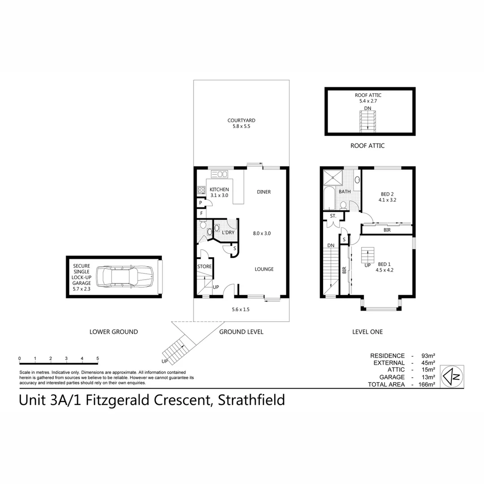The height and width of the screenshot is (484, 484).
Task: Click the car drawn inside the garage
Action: tap(125, 277)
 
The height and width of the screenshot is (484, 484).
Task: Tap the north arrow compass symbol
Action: tap(452, 376)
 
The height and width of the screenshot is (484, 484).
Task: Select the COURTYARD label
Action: tap(242, 121)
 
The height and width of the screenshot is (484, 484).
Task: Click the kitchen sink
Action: tap(220, 174)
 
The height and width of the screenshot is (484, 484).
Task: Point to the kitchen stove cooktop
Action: tap(202, 190)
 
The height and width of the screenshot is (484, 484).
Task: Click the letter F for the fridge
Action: tap(202, 213)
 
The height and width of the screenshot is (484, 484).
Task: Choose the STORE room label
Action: tap(204, 266)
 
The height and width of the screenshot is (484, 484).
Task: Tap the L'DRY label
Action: tap(228, 233)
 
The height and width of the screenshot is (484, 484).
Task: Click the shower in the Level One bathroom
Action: tap(333, 177)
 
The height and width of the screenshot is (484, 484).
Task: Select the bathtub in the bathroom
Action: tap(329, 198)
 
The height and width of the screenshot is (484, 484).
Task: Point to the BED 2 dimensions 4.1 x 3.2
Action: tap(387, 200)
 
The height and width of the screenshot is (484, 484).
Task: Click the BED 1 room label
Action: tap(385, 264)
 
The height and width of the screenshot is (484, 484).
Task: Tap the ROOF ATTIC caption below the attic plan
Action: tap(367, 146)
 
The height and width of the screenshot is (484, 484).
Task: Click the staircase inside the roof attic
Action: tap(367, 121)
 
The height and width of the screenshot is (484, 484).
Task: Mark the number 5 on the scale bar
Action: tap(98, 359)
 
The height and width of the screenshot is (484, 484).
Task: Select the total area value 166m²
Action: tap(427, 385)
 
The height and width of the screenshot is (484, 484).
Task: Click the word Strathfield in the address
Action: tap(251, 400)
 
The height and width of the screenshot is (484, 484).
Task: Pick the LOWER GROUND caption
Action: tap(113, 332)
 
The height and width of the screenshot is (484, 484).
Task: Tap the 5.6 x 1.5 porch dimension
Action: tap(241, 309)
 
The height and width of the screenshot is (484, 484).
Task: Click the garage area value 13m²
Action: tap(428, 377)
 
